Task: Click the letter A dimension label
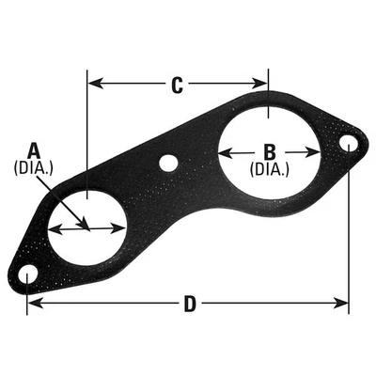(34, 149)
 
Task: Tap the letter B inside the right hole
(269, 150)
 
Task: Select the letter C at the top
(177, 86)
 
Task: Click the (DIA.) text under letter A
(34, 168)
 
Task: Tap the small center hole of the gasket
(168, 163)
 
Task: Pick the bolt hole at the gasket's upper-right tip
(348, 144)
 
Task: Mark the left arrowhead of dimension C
(92, 84)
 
